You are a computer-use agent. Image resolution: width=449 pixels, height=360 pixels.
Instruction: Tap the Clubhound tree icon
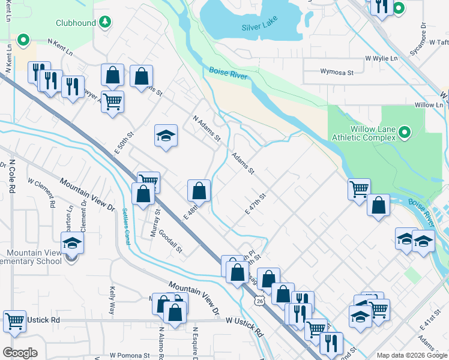[105, 22]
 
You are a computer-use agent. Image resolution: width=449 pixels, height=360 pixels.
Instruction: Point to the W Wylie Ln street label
[382, 59]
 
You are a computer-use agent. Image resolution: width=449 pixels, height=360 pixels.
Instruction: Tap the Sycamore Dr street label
[423, 35]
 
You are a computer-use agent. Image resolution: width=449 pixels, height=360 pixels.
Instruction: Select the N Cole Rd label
[11, 176]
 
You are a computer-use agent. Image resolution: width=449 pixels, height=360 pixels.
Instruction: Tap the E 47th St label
[255, 202]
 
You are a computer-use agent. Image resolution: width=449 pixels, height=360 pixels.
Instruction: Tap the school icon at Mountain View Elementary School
[71, 244]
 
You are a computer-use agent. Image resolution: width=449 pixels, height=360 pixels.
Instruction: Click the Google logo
[20, 353]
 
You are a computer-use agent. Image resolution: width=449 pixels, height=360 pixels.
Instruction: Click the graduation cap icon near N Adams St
[166, 136]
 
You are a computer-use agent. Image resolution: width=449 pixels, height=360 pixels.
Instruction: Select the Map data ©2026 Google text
[411, 355]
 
